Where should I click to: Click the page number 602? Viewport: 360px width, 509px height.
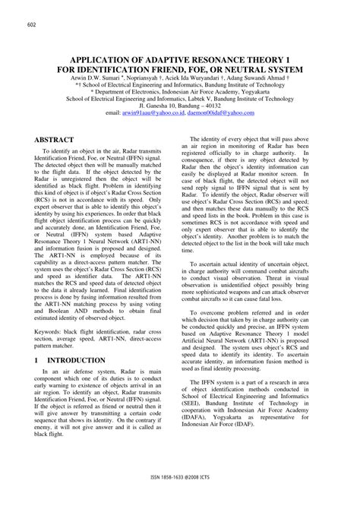[32, 26]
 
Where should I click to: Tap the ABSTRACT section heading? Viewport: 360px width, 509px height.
[53, 141]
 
